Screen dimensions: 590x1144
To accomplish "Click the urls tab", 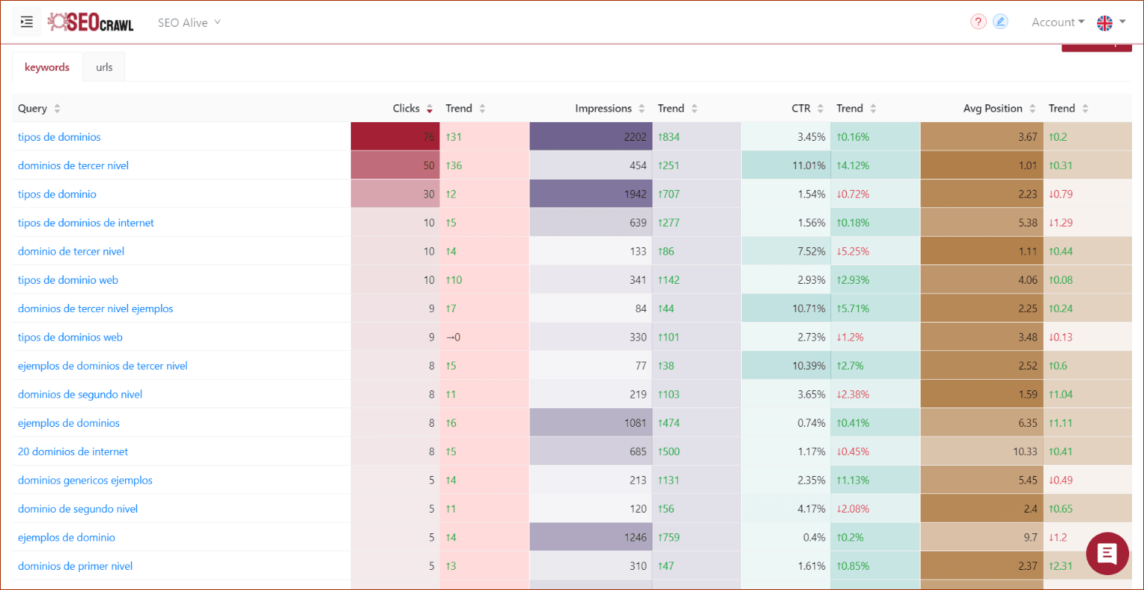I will [x=104, y=67].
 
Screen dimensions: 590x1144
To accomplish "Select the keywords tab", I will [x=47, y=67].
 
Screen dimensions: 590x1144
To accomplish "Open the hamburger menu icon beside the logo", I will [x=27, y=22].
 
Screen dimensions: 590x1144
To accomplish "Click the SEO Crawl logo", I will [x=91, y=22].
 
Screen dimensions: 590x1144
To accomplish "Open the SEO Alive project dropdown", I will [x=189, y=22].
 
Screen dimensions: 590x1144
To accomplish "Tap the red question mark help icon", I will [x=978, y=22].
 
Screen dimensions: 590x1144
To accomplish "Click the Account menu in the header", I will [x=1057, y=22].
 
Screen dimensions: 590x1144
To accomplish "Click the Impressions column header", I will [x=603, y=108].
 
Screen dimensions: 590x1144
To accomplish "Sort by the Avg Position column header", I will [x=992, y=108].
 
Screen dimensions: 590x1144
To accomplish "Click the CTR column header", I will [x=801, y=108].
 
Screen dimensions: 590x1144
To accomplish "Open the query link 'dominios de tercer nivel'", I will [x=73, y=165].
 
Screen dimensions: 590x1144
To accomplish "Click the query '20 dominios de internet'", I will [x=73, y=451].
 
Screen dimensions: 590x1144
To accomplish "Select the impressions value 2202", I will [x=635, y=137].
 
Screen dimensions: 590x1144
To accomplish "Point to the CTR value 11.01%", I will [x=808, y=165].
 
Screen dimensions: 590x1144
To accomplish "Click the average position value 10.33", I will [x=1025, y=451].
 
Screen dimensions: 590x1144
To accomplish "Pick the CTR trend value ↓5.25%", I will [x=853, y=251].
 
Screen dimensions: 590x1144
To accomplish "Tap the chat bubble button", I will [x=1107, y=553].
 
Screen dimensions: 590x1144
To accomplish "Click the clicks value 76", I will [x=428, y=137].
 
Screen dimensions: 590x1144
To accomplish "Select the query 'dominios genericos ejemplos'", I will [x=85, y=480].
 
